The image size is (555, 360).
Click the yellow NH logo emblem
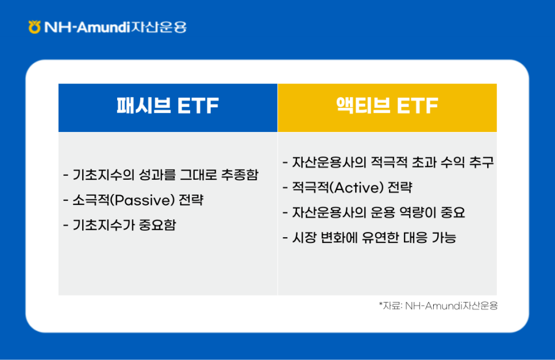(34, 26)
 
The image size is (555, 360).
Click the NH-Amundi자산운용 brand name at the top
(115, 27)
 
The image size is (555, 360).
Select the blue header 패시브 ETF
(168, 107)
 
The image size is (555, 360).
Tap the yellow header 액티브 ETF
(387, 107)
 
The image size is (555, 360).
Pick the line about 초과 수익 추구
(388, 163)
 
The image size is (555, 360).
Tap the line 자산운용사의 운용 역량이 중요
(374, 213)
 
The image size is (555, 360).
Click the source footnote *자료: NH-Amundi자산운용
(438, 306)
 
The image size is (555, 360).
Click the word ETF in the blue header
(198, 107)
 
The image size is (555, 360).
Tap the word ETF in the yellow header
(417, 107)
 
